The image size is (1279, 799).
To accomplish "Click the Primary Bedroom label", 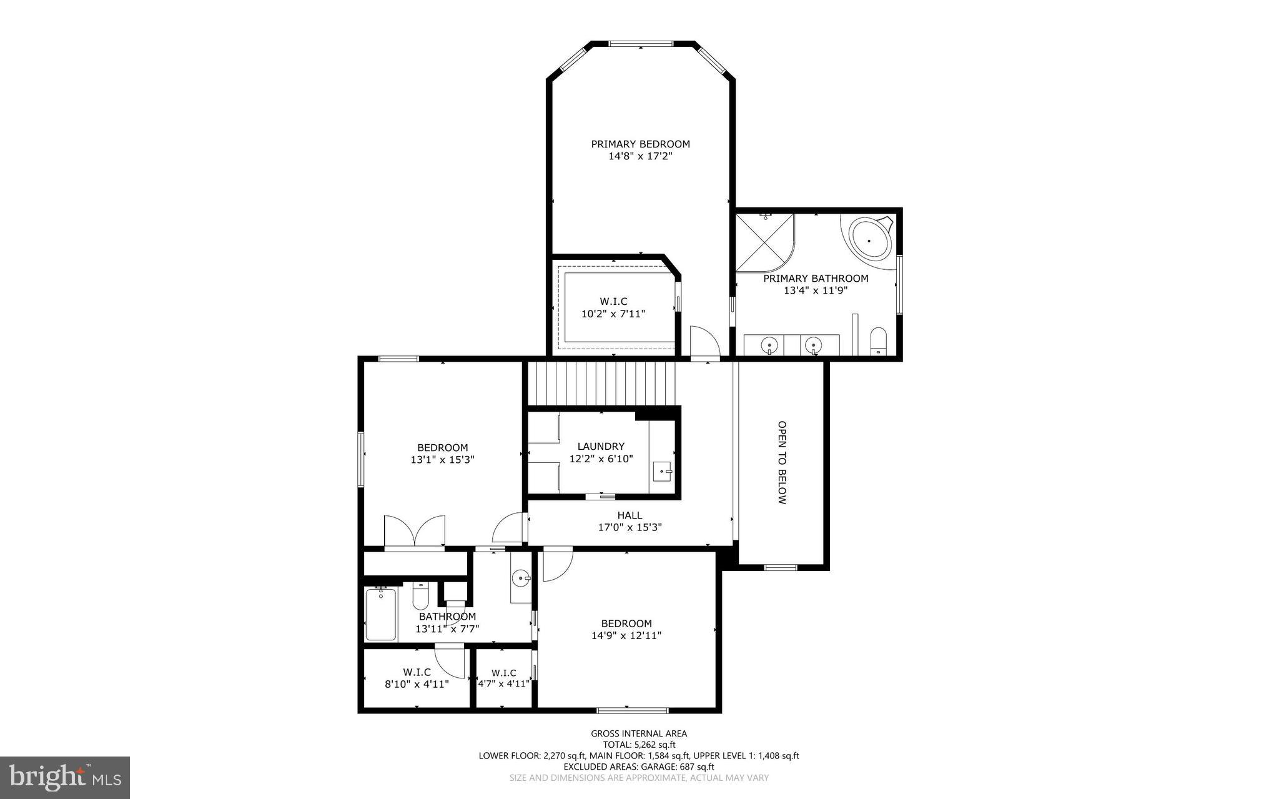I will click(640, 144).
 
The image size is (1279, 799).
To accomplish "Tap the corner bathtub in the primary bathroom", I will click(869, 241).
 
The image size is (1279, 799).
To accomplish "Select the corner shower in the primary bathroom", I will click(764, 242).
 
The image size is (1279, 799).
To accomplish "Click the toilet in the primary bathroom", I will click(878, 341).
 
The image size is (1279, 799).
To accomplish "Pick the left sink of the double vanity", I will click(771, 344).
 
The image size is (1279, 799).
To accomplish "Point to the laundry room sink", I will click(662, 472).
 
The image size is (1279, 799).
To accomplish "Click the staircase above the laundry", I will click(602, 383).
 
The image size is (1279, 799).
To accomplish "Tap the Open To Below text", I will click(782, 462).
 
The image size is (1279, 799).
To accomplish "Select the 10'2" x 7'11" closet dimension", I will click(613, 314).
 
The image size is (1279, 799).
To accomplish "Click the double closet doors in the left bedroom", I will click(415, 532).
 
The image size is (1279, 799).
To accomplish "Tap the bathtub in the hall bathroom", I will click(380, 615).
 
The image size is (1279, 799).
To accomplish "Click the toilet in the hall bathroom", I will click(420, 597).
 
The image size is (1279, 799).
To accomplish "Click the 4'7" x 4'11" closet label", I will click(503, 684).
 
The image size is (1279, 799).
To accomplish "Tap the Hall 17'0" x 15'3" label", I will click(630, 521).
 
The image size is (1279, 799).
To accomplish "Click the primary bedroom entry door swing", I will click(704, 341).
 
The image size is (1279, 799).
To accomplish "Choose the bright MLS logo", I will click(65, 777).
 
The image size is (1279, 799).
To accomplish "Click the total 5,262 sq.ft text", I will click(639, 745).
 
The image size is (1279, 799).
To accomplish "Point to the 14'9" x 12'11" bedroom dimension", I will click(626, 636).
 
